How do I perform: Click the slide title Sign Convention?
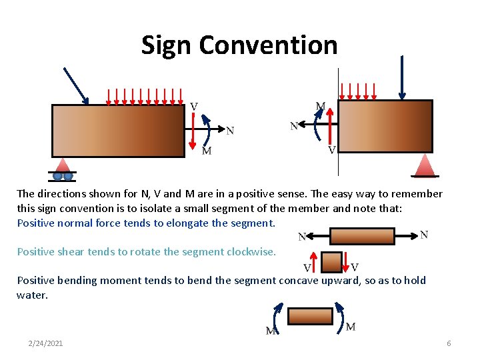click(x=239, y=45)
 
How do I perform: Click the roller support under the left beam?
click(x=63, y=171)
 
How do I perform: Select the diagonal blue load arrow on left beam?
click(x=76, y=85)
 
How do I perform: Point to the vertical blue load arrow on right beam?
click(x=402, y=77)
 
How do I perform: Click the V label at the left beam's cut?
click(x=193, y=107)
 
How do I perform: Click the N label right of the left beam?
click(x=230, y=131)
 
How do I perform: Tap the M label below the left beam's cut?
click(x=207, y=151)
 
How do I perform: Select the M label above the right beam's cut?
click(x=321, y=106)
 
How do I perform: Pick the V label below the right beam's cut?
click(x=331, y=151)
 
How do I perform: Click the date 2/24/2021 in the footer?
click(x=46, y=343)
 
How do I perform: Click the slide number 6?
click(x=449, y=343)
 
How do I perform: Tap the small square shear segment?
click(x=331, y=262)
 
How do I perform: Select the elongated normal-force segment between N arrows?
click(x=362, y=236)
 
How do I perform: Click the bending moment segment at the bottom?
click(x=310, y=315)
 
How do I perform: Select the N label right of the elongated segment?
click(x=424, y=234)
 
